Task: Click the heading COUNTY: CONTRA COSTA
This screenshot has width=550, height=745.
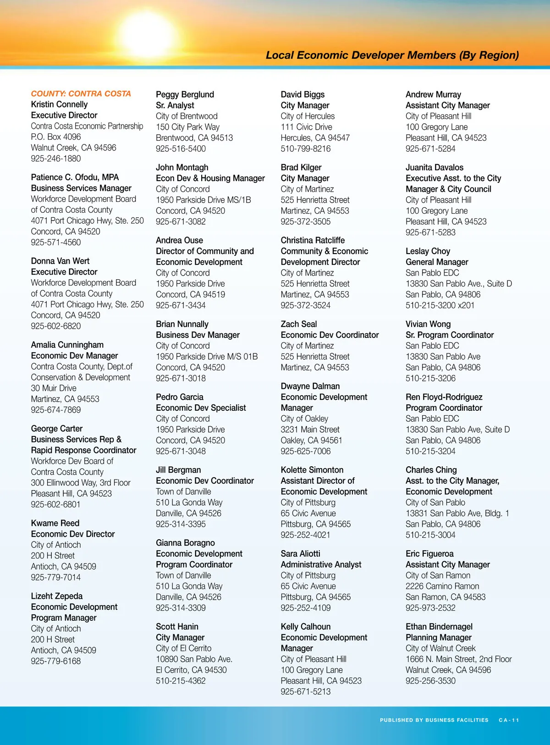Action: (x=81, y=94)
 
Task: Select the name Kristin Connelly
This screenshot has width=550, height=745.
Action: (x=59, y=105)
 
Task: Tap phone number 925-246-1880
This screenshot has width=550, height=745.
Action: (x=56, y=159)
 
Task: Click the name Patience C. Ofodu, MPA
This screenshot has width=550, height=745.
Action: (x=75, y=177)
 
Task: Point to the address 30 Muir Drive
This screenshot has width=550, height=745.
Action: (x=54, y=388)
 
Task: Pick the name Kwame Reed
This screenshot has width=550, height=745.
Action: (x=55, y=523)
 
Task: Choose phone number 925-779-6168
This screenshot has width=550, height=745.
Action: (x=56, y=661)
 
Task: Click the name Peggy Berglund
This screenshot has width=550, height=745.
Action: (x=185, y=94)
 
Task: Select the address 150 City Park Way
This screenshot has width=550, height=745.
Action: (x=187, y=127)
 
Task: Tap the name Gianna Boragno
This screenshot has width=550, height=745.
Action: (x=185, y=543)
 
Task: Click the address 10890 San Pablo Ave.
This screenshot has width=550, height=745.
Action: (x=194, y=659)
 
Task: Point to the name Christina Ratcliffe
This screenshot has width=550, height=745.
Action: (x=313, y=240)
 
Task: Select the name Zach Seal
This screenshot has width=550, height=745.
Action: (x=299, y=324)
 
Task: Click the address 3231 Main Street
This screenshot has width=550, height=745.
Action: (x=310, y=430)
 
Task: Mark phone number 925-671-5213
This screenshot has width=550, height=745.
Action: (x=306, y=692)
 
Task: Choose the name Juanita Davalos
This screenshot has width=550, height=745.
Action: (x=434, y=167)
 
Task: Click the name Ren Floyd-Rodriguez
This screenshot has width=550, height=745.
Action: (x=444, y=397)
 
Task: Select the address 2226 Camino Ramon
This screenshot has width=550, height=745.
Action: (x=442, y=586)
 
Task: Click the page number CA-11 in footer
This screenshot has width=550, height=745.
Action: (x=509, y=720)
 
